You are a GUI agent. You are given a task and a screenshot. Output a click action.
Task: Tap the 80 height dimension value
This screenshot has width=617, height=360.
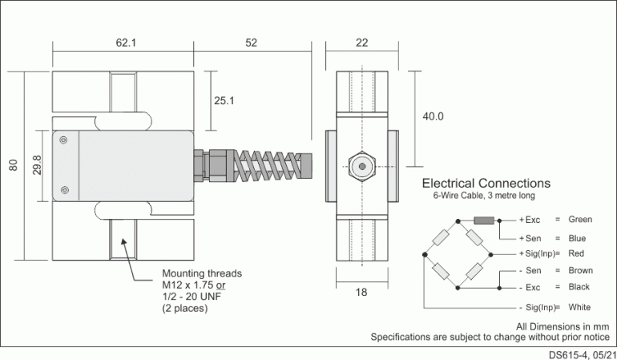[x=13, y=166]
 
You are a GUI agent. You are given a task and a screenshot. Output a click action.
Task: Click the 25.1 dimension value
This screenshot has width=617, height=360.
[x=224, y=101]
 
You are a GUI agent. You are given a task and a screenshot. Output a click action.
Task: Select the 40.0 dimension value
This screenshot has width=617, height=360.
[x=433, y=116]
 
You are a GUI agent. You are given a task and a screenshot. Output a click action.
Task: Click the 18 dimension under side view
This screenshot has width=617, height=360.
[x=361, y=292]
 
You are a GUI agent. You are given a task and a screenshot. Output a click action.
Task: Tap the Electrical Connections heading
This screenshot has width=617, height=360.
[x=486, y=184]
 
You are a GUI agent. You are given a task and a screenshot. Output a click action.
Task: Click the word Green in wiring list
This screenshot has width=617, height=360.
[x=579, y=220]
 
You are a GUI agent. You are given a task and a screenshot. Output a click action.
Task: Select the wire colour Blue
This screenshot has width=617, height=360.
[x=576, y=238]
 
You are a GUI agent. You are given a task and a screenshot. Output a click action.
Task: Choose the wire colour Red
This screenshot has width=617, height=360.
[x=575, y=253]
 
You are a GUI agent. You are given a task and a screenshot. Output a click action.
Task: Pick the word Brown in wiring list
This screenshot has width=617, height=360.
[x=579, y=272]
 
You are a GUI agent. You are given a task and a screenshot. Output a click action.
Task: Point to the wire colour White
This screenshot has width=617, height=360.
[x=579, y=307]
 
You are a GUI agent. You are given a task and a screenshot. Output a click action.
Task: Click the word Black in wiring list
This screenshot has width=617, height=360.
[x=579, y=287]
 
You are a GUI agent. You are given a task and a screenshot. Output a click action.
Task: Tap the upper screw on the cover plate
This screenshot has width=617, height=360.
[x=64, y=141]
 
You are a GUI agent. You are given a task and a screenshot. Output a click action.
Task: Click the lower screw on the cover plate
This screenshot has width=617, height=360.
[x=64, y=190]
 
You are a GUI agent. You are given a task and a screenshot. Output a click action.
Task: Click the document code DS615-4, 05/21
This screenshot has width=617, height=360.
[x=583, y=354]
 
